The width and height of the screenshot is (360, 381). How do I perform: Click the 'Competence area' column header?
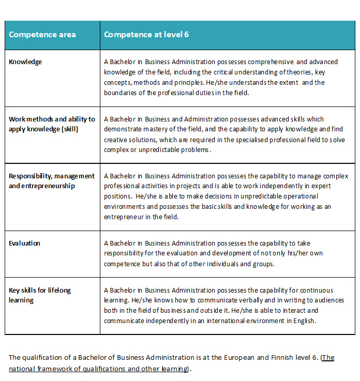coord(42,35)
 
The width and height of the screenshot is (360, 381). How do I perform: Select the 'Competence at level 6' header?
coord(146,35)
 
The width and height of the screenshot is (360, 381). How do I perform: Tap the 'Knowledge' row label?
coord(25,62)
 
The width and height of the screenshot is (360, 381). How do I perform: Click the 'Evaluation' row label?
coord(24,243)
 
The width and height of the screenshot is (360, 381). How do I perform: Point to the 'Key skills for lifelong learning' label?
coord(40,295)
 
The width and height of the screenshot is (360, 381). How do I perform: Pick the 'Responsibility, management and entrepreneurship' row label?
coord(52,181)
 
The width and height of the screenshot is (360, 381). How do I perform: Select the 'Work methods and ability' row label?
coord(52,124)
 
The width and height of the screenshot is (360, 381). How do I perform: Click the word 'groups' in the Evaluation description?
coord(263,264)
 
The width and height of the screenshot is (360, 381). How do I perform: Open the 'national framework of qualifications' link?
coord(98,369)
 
